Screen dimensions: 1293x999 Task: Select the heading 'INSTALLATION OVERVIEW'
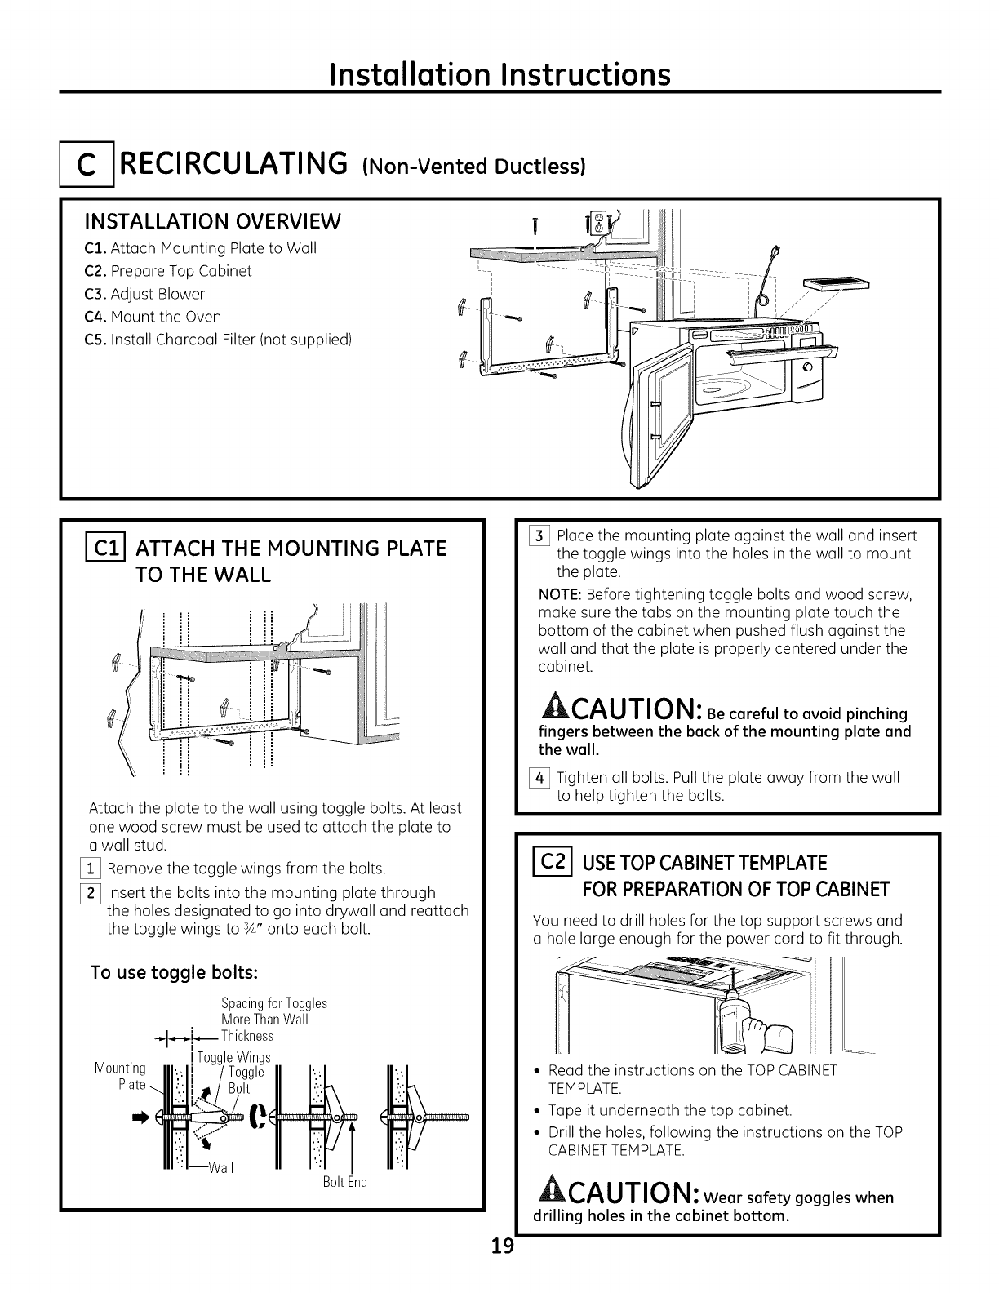point(213,221)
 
